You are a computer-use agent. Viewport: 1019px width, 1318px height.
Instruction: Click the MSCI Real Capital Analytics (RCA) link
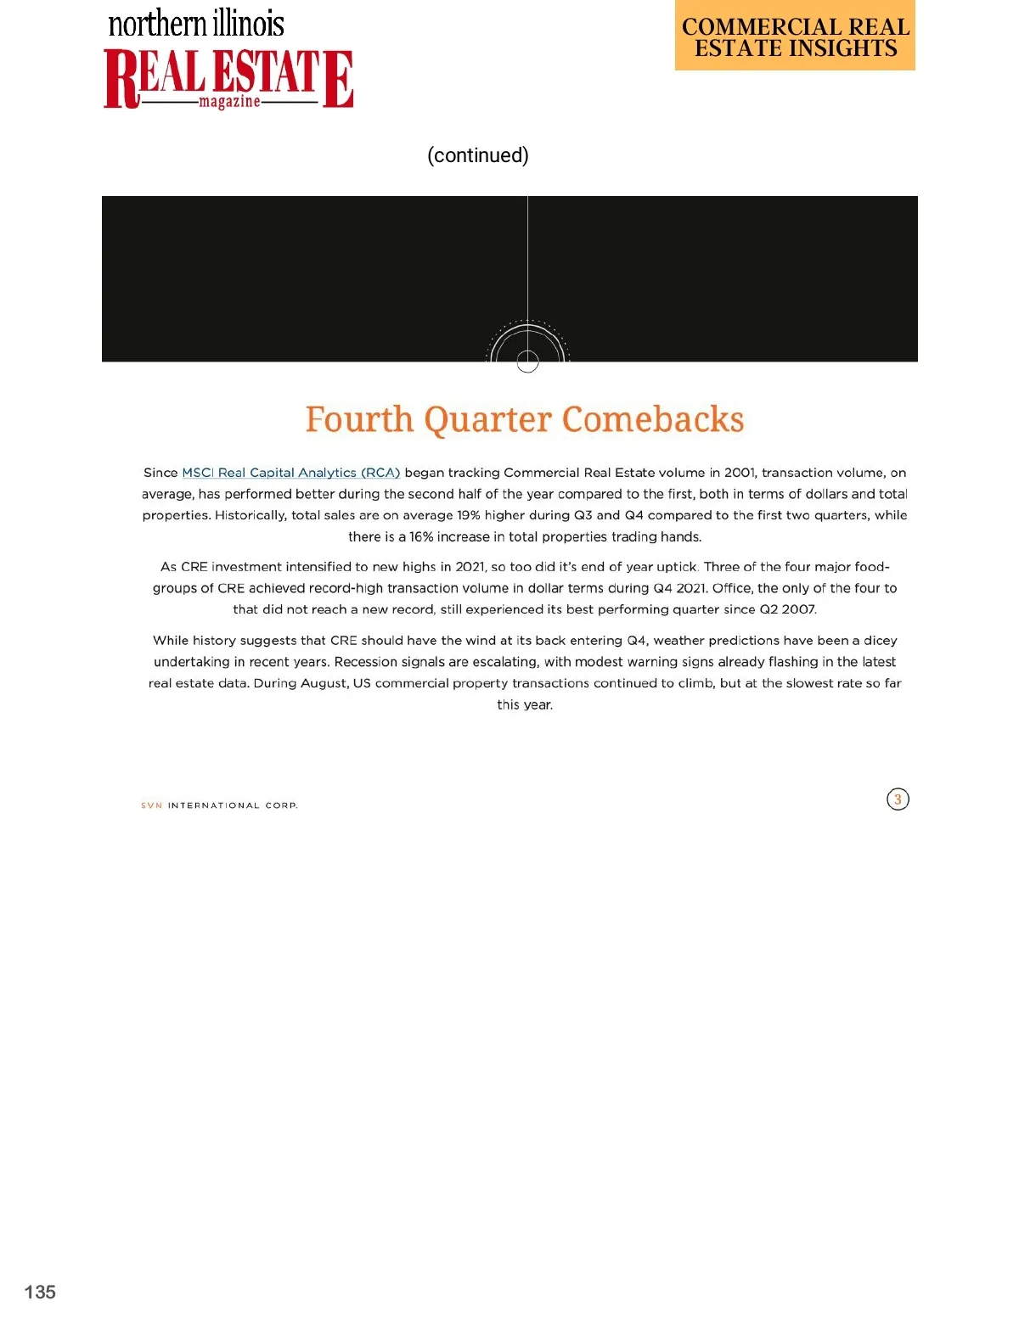pos(290,473)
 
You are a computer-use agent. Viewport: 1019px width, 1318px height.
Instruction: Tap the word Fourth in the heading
pos(359,419)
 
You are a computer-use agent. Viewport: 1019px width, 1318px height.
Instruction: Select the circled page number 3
pos(898,799)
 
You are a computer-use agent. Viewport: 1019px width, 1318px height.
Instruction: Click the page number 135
pos(40,1292)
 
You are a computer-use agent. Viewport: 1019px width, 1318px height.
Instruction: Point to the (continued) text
pos(478,155)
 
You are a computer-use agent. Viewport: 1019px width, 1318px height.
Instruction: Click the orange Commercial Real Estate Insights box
pos(795,36)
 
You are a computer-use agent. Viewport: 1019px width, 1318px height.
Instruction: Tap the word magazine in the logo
pos(229,102)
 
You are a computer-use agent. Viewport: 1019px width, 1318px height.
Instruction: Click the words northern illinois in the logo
pos(196,23)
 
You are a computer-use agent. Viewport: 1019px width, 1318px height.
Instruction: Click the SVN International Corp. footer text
pos(219,805)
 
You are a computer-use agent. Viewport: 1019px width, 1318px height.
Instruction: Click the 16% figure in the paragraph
pos(420,536)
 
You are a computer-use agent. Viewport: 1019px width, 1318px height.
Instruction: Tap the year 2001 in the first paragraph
pos(739,473)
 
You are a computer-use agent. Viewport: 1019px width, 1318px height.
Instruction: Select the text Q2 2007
pos(787,609)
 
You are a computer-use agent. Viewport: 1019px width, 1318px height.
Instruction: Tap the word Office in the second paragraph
pos(732,588)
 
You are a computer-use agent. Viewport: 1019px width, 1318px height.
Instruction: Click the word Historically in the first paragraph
pos(251,515)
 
